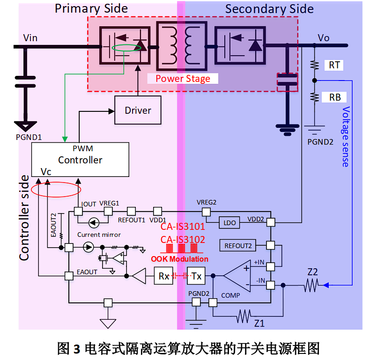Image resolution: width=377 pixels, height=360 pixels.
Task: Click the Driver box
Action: coord(138,110)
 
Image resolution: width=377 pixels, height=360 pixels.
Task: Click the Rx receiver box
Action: coord(163,276)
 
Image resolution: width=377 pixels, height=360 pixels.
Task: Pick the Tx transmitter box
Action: coord(196,276)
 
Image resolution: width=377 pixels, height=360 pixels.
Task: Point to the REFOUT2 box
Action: coord(238,245)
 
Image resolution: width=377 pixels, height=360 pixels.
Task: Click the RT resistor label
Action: coord(334,65)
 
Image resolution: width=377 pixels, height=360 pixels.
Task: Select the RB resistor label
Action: coord(334,97)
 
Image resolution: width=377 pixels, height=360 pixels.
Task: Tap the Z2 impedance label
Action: coord(312,272)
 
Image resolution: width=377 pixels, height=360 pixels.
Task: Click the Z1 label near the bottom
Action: coord(259,323)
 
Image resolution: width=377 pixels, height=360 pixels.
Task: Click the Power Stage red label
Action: coord(183,79)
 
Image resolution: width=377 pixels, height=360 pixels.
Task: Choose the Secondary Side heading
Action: coord(269,9)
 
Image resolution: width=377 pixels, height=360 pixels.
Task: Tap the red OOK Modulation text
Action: coord(179,259)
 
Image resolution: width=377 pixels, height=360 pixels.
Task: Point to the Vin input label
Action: coord(30,37)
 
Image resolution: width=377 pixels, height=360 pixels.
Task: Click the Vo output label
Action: coord(324,37)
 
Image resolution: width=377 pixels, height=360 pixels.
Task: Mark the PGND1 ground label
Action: coord(29,137)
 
